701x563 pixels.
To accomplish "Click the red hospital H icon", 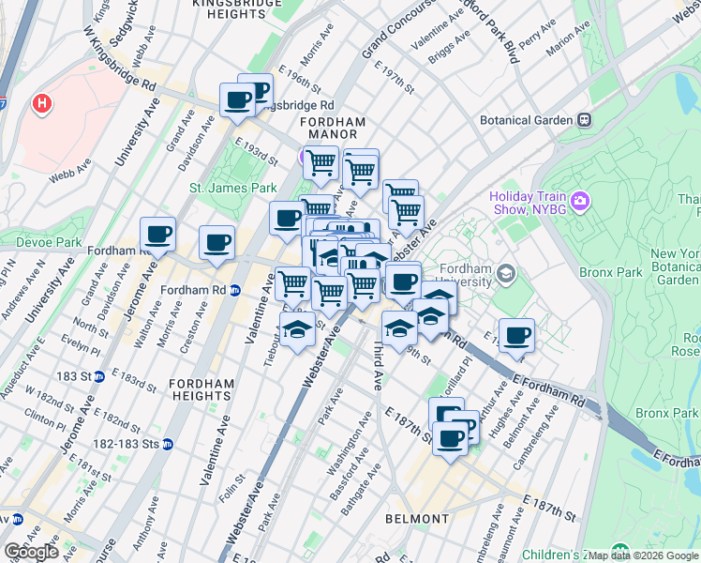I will coord(42,102).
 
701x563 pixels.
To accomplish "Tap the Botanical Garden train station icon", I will coord(584,120).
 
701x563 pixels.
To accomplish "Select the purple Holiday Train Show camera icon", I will coord(580,202).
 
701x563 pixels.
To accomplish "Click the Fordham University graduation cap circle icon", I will coord(507,274).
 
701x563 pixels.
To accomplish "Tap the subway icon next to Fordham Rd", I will coord(236,290).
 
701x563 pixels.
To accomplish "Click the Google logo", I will coord(31,552).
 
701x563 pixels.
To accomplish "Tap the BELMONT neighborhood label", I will coord(417,519).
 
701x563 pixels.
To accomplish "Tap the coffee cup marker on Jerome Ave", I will coord(157,235).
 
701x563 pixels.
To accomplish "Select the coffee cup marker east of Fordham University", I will coord(515,336).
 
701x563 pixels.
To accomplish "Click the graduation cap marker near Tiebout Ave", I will coord(297,330).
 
